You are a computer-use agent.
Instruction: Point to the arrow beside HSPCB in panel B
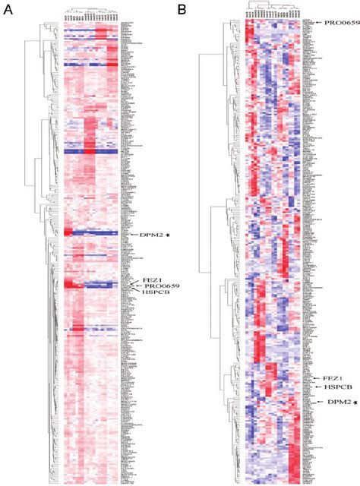point(320,387)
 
